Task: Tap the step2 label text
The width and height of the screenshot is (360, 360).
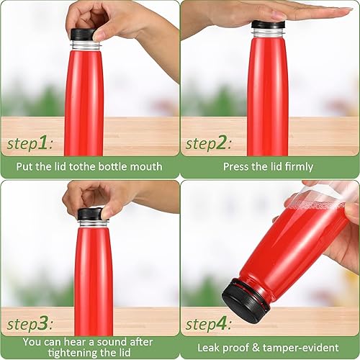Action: (209, 143)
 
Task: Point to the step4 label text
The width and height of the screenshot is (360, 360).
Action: (210, 324)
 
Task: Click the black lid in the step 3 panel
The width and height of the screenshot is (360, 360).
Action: (91, 214)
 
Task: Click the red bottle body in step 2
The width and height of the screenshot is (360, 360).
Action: (267, 94)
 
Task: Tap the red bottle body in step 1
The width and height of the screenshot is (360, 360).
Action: (84, 101)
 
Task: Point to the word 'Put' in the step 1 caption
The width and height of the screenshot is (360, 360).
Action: (25, 167)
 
